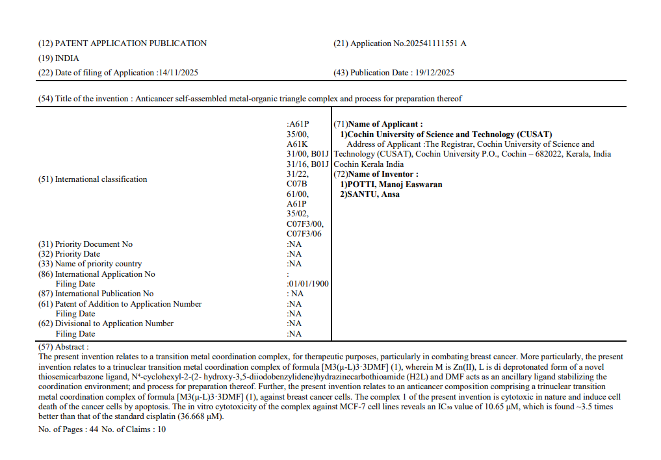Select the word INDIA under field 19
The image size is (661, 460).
point(67,58)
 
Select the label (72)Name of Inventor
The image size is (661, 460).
point(376,174)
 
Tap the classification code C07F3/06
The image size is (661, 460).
point(304,234)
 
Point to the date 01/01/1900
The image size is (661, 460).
point(309,284)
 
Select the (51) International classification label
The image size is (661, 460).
point(92,179)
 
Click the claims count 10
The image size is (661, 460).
point(161,429)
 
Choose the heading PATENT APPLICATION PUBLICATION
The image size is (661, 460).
point(131,44)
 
